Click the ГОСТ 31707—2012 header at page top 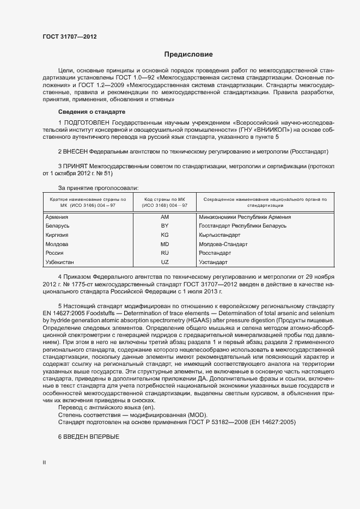pyautogui.click(x=70, y=36)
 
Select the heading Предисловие pyautogui.click(x=189, y=54)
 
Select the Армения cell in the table pyautogui.click(x=57, y=217)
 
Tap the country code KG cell pyautogui.click(x=165, y=235)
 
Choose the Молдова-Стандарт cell pyautogui.click(x=223, y=244)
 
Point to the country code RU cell pyautogui.click(x=165, y=253)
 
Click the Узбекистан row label pyautogui.click(x=60, y=262)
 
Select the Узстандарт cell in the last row pyautogui.click(x=213, y=262)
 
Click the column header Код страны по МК pyautogui.click(x=165, y=200)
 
